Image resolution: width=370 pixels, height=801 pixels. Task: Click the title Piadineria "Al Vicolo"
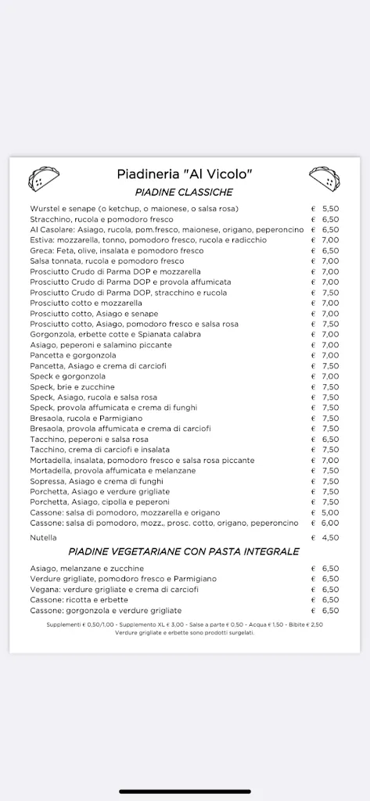tap(185, 174)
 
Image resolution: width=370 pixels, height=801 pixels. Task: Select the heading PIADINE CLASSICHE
tap(184, 192)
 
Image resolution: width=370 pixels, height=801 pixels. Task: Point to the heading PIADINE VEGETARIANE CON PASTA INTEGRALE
tap(184, 551)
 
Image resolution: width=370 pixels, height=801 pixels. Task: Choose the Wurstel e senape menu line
tap(134, 209)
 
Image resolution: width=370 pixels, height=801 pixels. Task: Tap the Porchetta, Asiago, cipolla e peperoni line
tap(99, 501)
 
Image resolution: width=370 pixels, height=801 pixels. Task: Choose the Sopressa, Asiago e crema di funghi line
tap(97, 480)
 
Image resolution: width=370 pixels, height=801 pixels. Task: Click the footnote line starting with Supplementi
tap(185, 625)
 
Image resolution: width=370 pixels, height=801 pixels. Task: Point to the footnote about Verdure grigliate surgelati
tap(185, 632)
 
